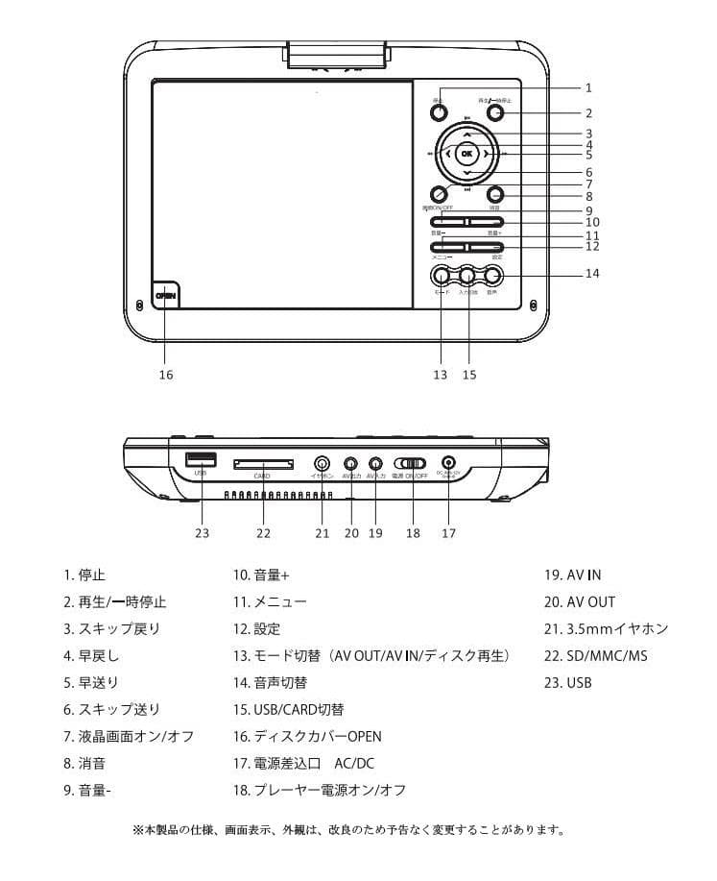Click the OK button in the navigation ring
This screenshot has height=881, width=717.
[466, 154]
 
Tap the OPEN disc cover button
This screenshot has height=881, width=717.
[165, 296]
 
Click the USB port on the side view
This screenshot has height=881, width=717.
[200, 459]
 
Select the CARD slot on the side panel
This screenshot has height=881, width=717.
[264, 464]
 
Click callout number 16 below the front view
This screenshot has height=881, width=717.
[165, 375]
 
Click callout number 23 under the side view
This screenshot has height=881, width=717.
[202, 532]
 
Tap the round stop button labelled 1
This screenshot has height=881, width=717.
[438, 112]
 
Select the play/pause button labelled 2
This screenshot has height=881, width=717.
[494, 112]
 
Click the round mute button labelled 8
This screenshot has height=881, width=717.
[494, 193]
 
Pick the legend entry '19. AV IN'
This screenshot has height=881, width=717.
[573, 575]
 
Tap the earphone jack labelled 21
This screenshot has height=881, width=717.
[323, 463]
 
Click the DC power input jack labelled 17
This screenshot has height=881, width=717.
[447, 463]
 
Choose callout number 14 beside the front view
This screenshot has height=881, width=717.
[593, 274]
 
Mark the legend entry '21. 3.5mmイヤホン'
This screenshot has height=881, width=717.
[606, 629]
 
